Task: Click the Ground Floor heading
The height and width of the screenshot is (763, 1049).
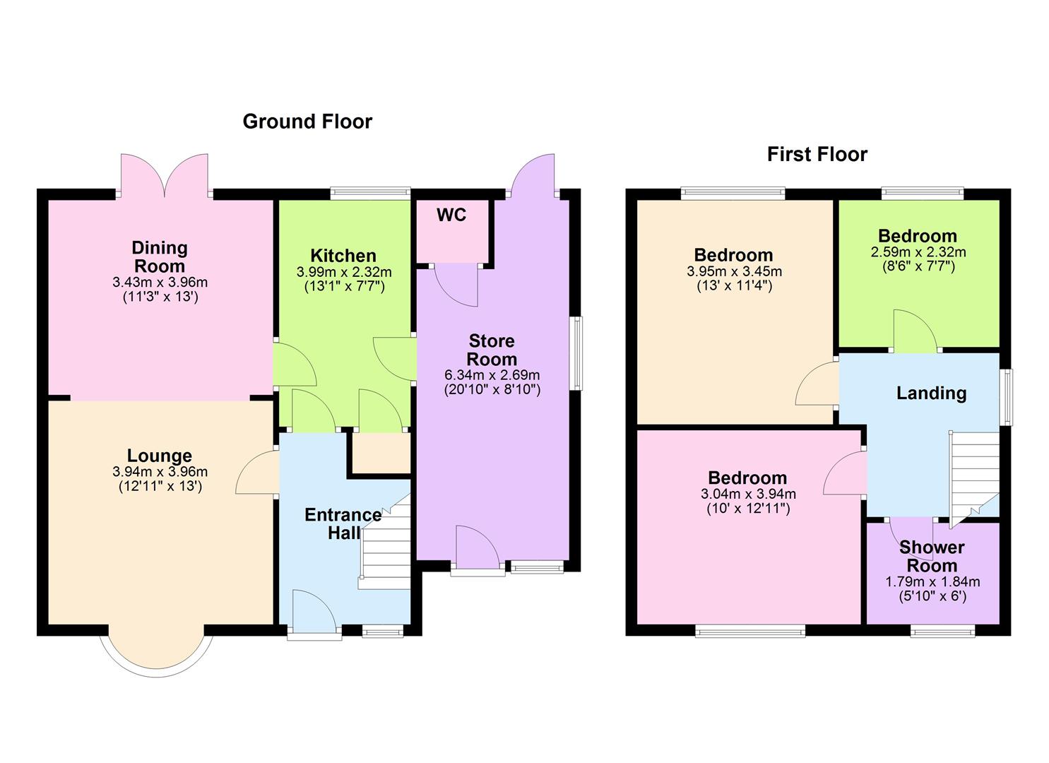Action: (307, 122)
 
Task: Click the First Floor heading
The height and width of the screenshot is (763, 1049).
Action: (817, 154)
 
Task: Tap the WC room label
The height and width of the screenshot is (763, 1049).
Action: (451, 215)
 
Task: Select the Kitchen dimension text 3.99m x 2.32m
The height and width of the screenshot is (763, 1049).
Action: (343, 271)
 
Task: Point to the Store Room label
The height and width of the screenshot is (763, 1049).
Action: (492, 350)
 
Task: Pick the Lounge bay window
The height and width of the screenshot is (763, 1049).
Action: (157, 651)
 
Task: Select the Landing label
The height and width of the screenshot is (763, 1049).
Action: (931, 393)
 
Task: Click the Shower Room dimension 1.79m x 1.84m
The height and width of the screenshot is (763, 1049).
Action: (932, 581)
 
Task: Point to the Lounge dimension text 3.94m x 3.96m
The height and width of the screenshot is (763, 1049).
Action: (160, 472)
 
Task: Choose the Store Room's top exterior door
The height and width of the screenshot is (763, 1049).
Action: (531, 175)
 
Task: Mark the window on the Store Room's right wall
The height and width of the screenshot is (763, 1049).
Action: (577, 353)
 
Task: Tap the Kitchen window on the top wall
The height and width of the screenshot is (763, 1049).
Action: (370, 191)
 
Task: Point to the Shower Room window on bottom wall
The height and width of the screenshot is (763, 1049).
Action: (942, 631)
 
